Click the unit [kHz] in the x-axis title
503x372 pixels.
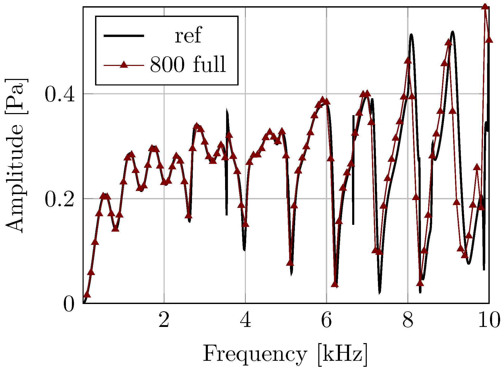coord(343,355)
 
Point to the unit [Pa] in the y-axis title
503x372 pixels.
coord(16,96)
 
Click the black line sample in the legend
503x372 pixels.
coord(124,36)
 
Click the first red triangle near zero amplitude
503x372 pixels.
coord(87,294)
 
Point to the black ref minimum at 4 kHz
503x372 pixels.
coord(244,250)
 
